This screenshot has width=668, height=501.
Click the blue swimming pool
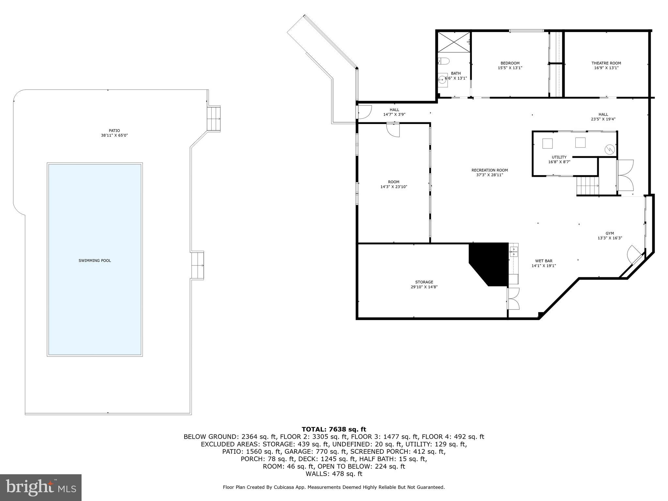click(x=95, y=259)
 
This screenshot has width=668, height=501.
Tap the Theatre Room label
click(x=606, y=63)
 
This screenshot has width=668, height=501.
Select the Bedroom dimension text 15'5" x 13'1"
click(x=510, y=68)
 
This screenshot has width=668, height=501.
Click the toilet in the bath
click(x=444, y=61)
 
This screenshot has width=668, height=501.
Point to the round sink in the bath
click(x=442, y=79)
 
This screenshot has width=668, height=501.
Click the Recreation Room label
click(x=489, y=170)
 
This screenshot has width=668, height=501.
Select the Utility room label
click(x=559, y=157)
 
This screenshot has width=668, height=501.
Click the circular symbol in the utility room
click(x=609, y=150)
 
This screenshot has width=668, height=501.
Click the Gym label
click(x=609, y=233)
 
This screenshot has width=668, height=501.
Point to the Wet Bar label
click(x=543, y=261)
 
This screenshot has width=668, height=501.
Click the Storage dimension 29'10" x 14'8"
click(x=424, y=287)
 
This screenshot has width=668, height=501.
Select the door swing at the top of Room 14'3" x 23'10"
click(x=393, y=130)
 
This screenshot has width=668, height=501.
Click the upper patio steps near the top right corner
click(x=214, y=118)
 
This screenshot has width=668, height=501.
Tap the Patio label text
click(x=114, y=131)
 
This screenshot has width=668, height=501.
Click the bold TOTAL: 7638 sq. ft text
click(x=334, y=429)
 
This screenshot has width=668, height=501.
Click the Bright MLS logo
click(x=41, y=487)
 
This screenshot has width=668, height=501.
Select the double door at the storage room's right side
click(x=513, y=298)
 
